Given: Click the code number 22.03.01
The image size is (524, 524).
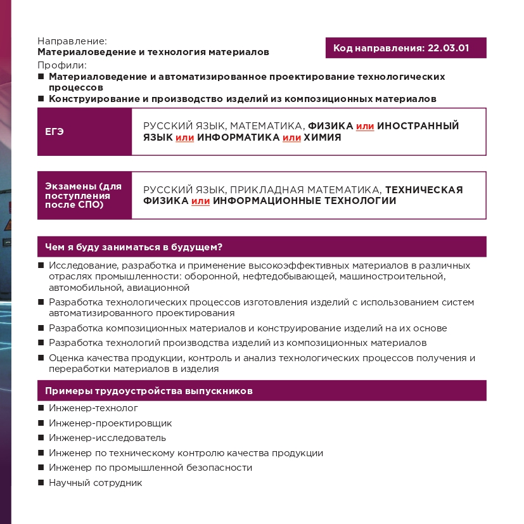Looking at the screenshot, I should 449,48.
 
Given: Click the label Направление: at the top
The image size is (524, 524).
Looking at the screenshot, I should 72,41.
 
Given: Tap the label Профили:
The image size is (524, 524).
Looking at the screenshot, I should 61,65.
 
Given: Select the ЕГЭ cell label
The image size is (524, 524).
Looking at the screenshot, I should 54,132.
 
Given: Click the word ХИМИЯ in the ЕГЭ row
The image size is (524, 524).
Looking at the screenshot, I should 323,137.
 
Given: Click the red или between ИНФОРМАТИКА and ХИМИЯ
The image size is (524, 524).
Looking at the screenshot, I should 291,137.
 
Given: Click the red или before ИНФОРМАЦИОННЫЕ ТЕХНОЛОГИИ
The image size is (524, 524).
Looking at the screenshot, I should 200,201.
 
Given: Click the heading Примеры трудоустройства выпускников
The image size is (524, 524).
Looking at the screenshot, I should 149,391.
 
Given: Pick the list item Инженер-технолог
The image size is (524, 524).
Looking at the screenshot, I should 93,409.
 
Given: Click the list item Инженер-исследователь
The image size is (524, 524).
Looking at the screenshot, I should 107,438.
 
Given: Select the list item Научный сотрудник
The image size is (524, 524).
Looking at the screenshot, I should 95,483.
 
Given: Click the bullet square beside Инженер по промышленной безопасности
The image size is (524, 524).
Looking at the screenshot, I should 41,468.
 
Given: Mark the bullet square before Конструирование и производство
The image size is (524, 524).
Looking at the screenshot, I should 41,99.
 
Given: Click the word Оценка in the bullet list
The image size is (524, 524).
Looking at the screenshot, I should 65,358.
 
